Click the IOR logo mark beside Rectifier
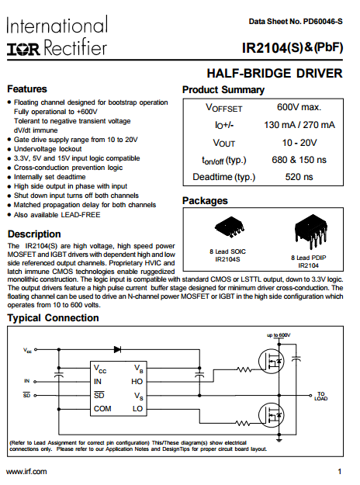click(23, 49)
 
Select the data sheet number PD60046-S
click(323, 22)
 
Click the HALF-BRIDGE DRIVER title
click(275, 73)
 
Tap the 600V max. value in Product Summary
click(299, 107)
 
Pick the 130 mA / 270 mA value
click(299, 125)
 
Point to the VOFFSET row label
click(224, 108)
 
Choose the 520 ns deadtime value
click(299, 177)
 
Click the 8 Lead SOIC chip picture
click(230, 227)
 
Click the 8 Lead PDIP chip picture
click(310, 230)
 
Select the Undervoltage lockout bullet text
click(47, 149)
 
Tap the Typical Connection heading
click(53, 318)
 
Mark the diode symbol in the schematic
click(117, 349)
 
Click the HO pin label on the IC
click(137, 382)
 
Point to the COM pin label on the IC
click(102, 409)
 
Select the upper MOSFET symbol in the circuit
click(272, 362)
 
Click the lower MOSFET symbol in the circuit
click(272, 415)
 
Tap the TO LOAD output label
click(321, 397)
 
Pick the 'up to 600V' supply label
click(279, 335)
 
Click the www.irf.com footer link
click(26, 472)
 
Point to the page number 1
click(340, 472)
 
